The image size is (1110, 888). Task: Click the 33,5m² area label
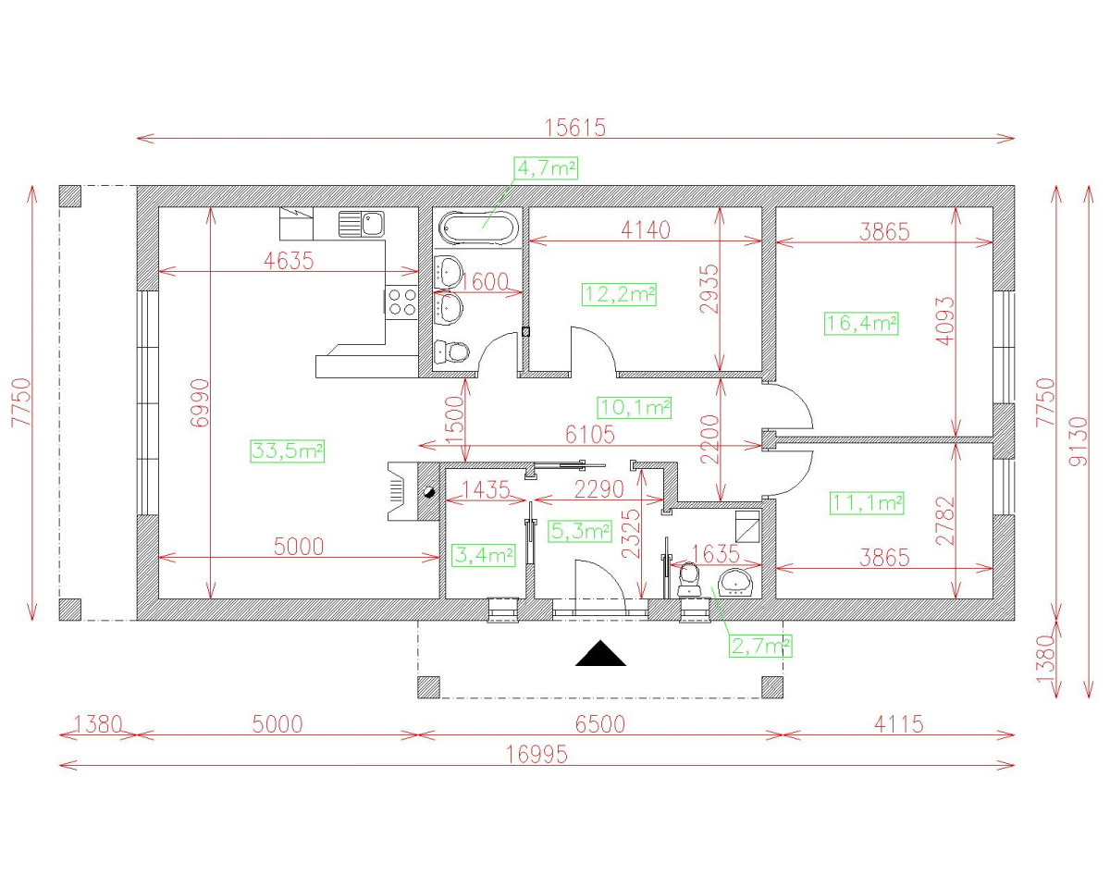287,451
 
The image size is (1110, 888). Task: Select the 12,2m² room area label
619,295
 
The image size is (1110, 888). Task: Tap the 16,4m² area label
860,323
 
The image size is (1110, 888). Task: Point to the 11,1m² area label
866,503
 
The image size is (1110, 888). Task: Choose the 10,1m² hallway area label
634,407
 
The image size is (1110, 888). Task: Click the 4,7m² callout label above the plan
546,167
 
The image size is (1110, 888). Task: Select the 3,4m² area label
484,555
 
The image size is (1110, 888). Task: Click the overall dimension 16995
536,755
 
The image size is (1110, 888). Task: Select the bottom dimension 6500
599,724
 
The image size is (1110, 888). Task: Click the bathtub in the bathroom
479,227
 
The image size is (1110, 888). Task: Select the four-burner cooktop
401,301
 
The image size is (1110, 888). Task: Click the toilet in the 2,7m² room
688,579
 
